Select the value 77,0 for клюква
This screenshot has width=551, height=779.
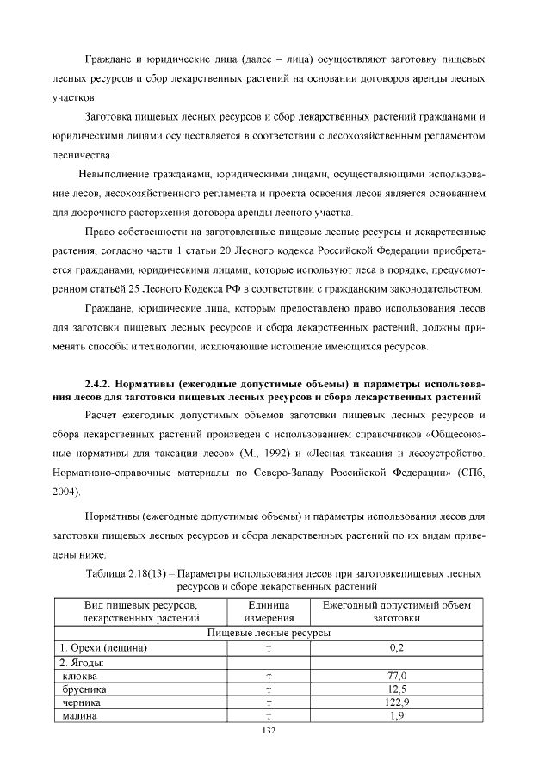[x=397, y=677]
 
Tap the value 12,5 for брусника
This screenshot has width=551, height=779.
[x=397, y=689]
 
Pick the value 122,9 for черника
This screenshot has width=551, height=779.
[x=397, y=702]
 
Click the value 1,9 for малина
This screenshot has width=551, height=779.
[x=397, y=715]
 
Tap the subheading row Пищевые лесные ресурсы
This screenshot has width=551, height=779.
[x=269, y=633]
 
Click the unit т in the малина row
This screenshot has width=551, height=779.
[x=269, y=715]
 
